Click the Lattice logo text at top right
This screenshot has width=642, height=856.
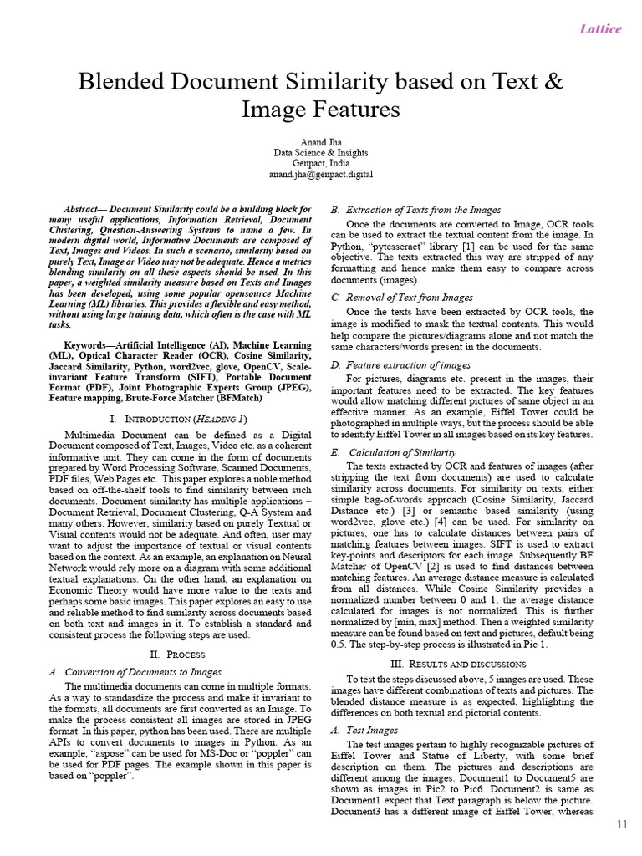tap(601, 29)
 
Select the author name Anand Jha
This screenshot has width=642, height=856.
tap(321, 141)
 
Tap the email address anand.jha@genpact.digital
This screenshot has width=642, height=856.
tap(321, 174)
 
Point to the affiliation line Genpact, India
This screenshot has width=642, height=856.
tap(321, 163)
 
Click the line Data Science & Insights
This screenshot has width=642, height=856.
tap(321, 152)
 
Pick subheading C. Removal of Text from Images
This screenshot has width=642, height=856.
tap(401, 297)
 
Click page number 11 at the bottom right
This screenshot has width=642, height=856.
tap(622, 824)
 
